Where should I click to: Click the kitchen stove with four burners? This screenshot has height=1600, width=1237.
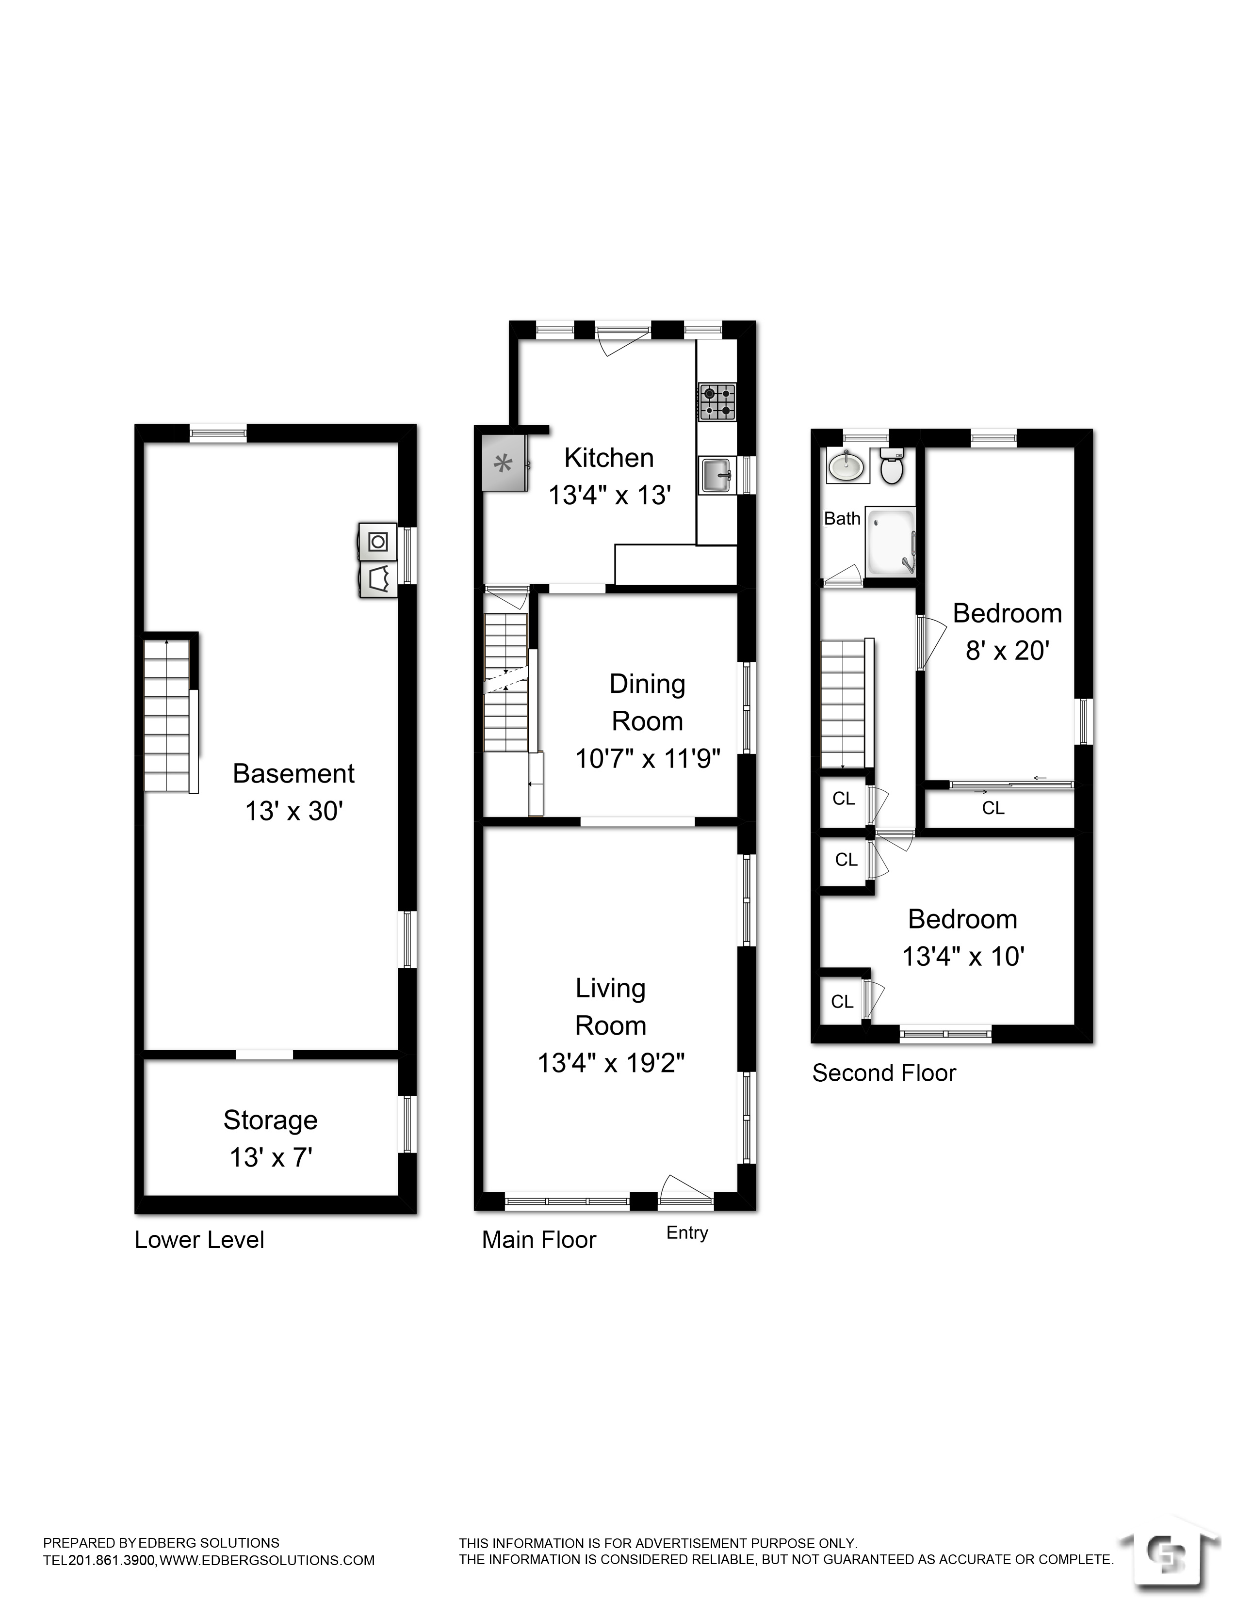(x=717, y=402)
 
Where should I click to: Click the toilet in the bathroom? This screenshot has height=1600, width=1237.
(x=892, y=466)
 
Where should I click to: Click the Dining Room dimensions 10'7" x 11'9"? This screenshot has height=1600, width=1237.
(x=648, y=759)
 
